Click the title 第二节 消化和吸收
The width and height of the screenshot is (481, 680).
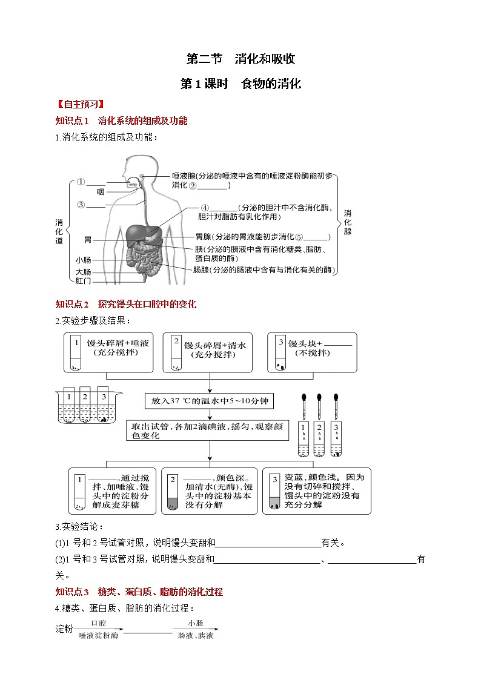(240, 59)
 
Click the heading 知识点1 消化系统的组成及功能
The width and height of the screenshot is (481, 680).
(121, 120)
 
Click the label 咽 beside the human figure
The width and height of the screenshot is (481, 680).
(101, 192)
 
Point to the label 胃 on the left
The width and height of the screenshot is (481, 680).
(88, 240)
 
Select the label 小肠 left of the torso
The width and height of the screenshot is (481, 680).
(84, 260)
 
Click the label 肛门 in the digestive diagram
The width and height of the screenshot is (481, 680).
(84, 280)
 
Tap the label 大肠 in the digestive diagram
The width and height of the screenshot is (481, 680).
(84, 271)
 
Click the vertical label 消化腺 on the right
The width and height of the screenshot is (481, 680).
(348, 222)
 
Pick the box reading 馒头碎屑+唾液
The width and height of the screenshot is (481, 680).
(109, 352)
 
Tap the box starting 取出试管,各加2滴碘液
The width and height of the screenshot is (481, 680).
(210, 431)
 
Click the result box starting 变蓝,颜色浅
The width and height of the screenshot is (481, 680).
(317, 490)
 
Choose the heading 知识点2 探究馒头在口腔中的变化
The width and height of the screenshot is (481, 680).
(126, 304)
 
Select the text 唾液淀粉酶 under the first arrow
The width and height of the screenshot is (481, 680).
(99, 635)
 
